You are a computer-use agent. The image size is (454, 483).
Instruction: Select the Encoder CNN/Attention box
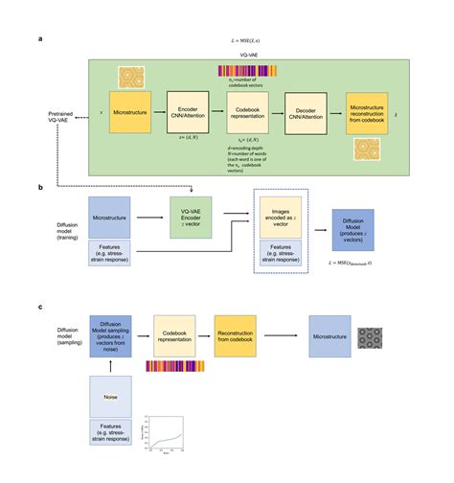pyautogui.click(x=188, y=112)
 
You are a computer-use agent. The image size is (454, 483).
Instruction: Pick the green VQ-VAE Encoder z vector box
pyautogui.click(x=190, y=218)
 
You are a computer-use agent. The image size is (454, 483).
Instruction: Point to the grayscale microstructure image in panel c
pyautogui.click(x=371, y=336)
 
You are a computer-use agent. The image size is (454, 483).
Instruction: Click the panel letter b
pyautogui.click(x=39, y=190)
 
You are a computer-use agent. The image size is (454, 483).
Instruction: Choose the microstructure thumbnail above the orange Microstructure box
pyautogui.click(x=131, y=76)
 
